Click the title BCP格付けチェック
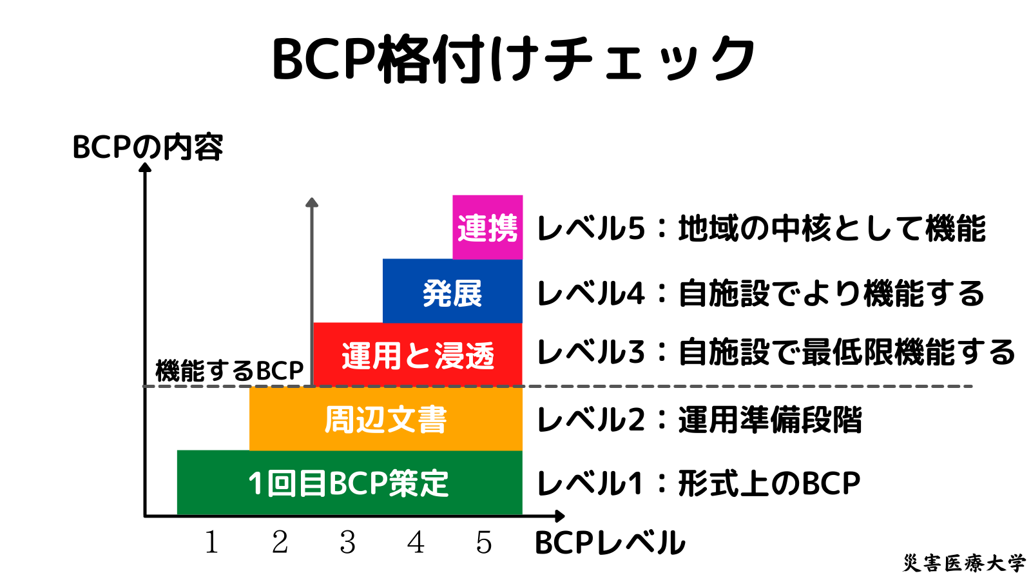[x=514, y=59]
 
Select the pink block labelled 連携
[x=487, y=227]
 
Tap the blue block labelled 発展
[x=452, y=292]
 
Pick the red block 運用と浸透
[x=418, y=355]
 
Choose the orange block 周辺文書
[x=385, y=419]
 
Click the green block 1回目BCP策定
[x=349, y=483]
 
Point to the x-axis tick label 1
[x=211, y=543]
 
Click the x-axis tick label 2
[x=280, y=543]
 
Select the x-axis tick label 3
[x=348, y=543]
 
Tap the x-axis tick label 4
[x=416, y=543]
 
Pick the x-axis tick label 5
[x=484, y=543]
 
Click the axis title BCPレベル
[x=610, y=543]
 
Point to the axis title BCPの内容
[x=148, y=147]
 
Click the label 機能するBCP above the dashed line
[x=229, y=371]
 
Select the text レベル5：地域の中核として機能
[x=761, y=229]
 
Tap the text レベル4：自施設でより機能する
[x=761, y=293]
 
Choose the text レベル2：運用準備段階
[x=699, y=420]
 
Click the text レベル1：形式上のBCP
[x=699, y=483]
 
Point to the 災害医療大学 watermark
[x=963, y=563]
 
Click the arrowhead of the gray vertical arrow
[x=312, y=202]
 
